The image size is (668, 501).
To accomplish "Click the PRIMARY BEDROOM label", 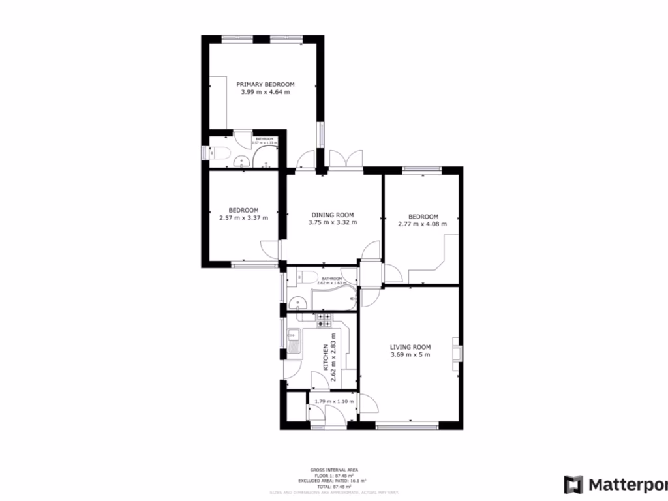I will (x=265, y=84).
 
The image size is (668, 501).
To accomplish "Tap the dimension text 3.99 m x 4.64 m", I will (x=265, y=93).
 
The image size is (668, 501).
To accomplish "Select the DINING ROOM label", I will (x=332, y=215).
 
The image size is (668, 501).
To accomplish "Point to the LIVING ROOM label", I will (x=410, y=347).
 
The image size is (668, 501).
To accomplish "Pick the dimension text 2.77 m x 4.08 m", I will (x=422, y=224).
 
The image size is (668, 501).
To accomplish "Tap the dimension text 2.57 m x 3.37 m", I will (x=243, y=218).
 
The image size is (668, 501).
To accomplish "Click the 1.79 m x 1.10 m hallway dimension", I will (x=333, y=401).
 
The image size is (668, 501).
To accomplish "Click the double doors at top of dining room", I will (x=346, y=159).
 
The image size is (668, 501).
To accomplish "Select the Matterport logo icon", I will (x=574, y=485).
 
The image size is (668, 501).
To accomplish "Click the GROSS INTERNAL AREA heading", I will (x=333, y=470).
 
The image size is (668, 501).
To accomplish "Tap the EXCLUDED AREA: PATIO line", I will (x=333, y=481).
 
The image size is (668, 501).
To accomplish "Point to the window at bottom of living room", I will (x=408, y=427).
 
